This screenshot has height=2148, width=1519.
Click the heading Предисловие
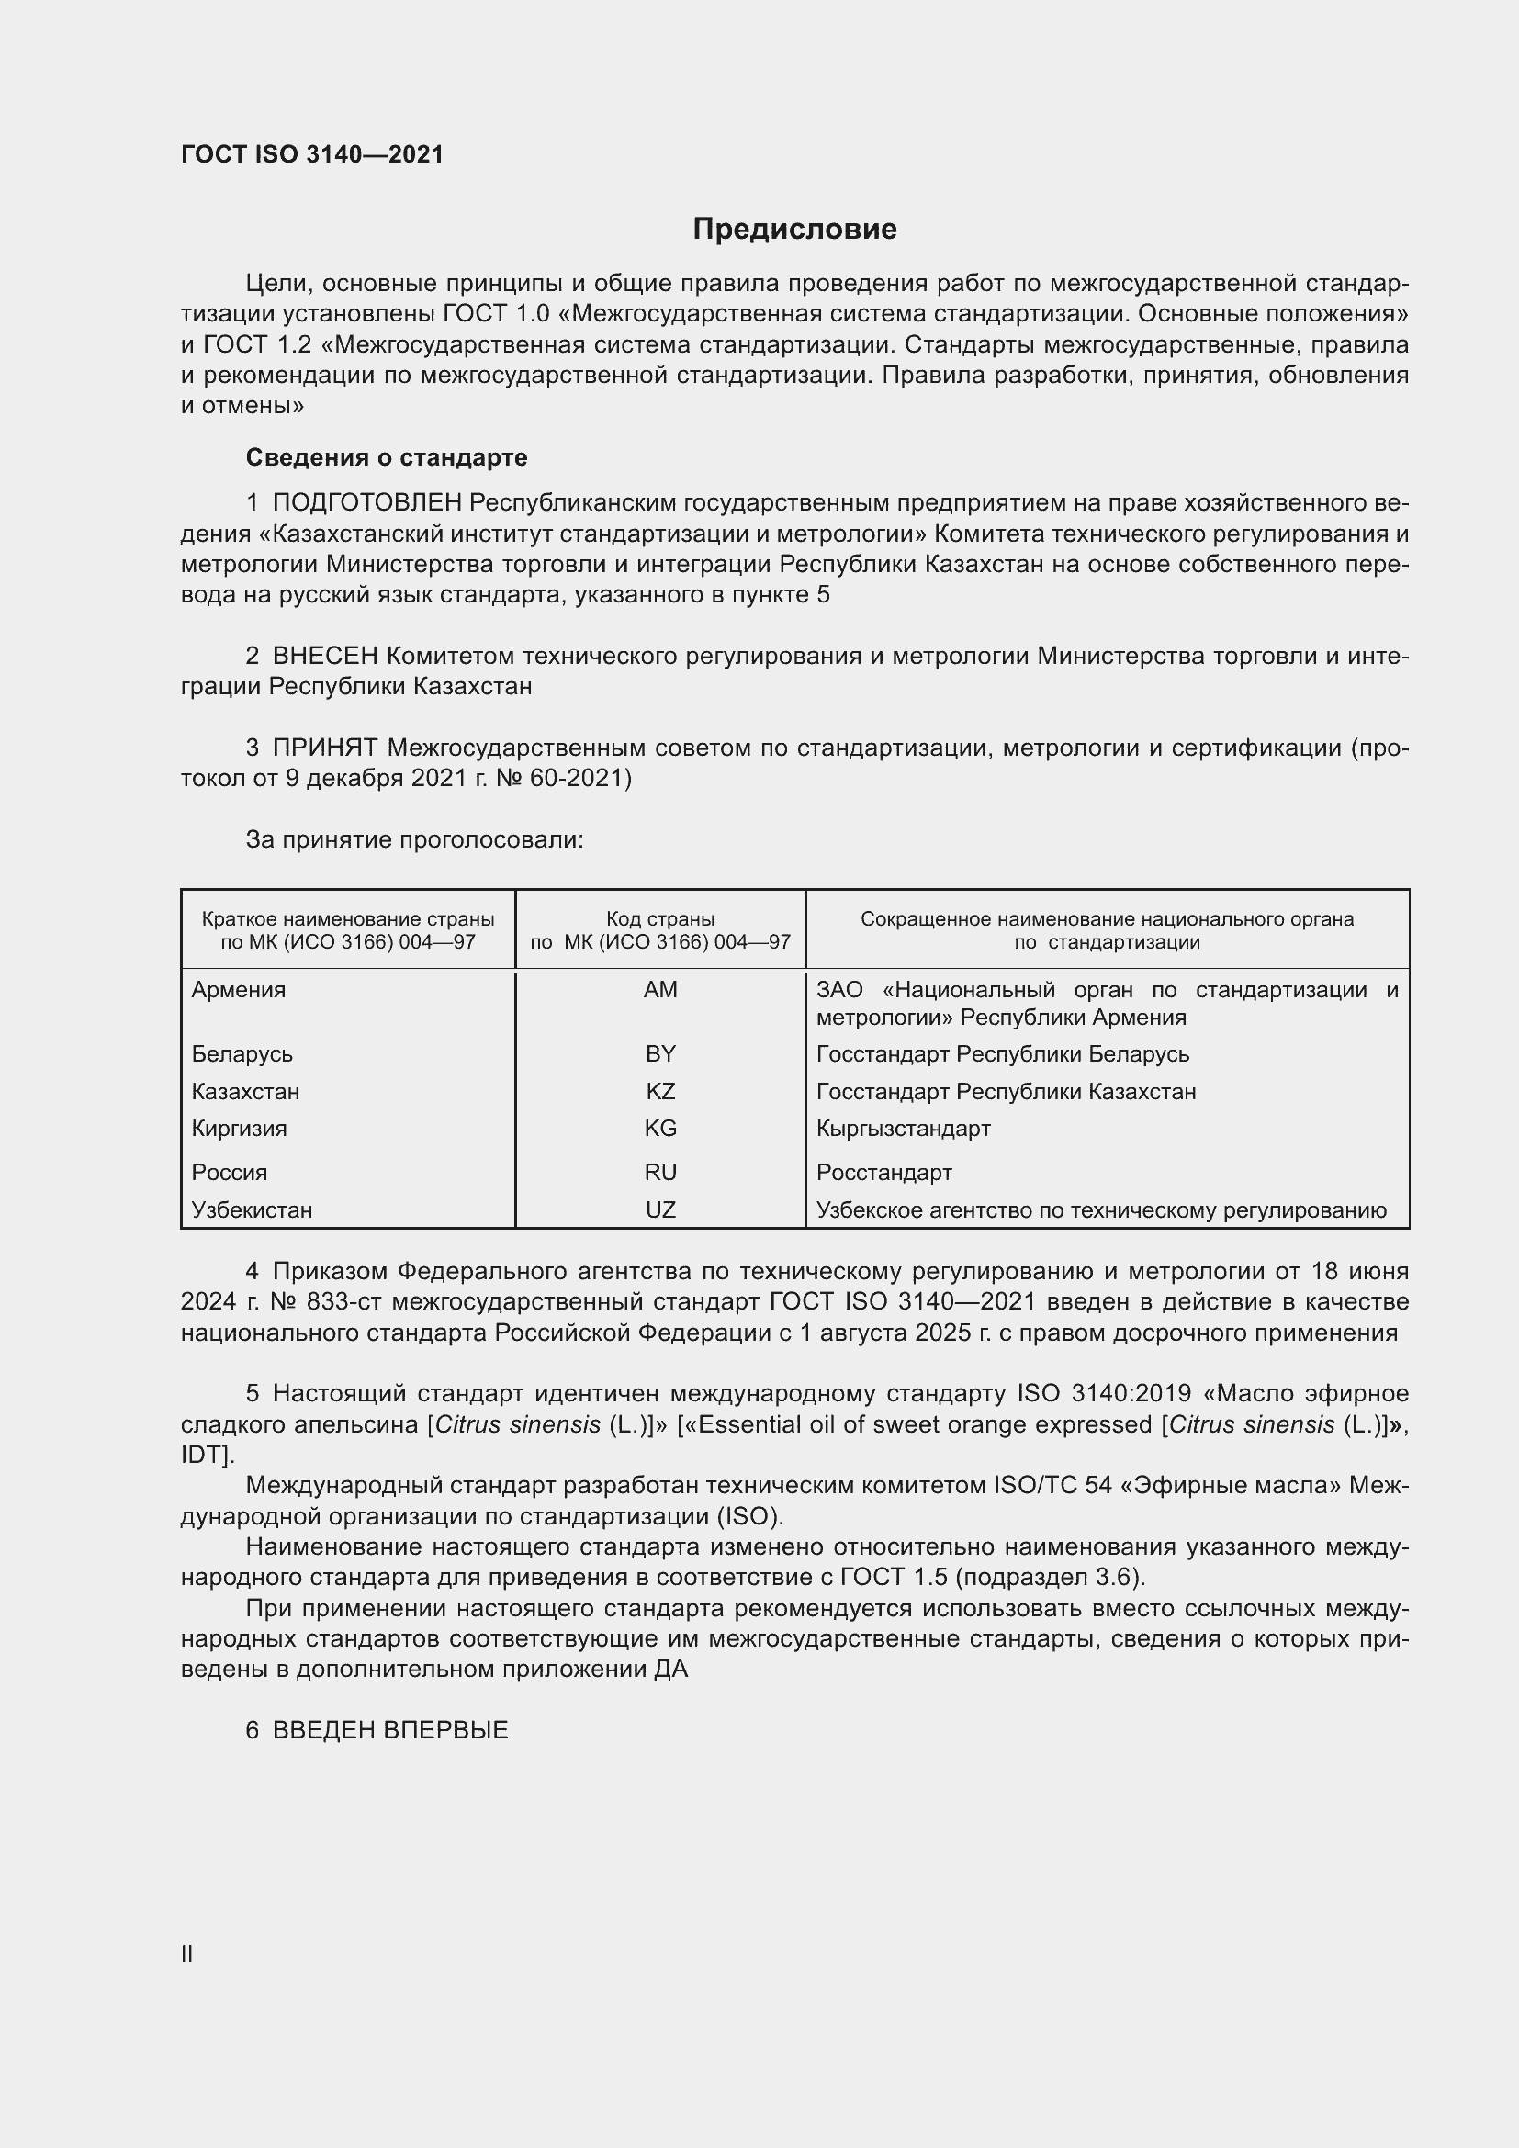[x=794, y=230]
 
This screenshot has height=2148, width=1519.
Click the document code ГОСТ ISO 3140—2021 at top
[x=312, y=154]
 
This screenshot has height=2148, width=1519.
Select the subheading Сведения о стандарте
[x=387, y=457]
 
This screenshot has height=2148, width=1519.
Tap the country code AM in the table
[x=660, y=990]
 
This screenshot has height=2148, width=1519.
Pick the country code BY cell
[x=660, y=1054]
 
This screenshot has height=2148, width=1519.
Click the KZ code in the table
[x=660, y=1092]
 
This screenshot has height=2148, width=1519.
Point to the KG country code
[x=660, y=1129]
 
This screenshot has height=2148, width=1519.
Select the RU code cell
[x=660, y=1172]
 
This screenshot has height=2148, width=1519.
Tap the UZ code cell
[x=660, y=1209]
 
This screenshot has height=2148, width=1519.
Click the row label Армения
[x=239, y=990]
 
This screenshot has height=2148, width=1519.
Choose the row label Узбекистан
[x=252, y=1209]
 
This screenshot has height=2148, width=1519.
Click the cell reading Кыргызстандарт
[x=903, y=1129]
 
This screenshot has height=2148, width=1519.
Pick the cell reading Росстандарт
[x=883, y=1172]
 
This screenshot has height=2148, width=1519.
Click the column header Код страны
[x=660, y=919]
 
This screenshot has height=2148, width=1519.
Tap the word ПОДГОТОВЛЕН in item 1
[x=366, y=503]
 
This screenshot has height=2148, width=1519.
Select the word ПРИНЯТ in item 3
[x=324, y=748]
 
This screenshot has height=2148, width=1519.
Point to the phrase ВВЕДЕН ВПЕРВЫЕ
[x=390, y=1730]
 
